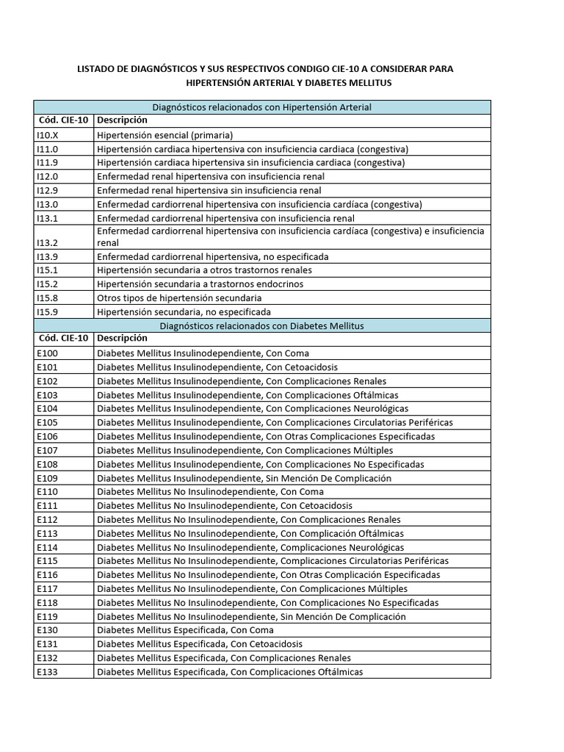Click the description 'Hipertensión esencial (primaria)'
[164, 135]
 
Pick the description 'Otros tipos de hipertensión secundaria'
[179, 298]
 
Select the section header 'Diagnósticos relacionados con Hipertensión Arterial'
[261, 107]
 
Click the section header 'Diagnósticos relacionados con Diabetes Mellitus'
[261, 325]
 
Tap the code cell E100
[47, 353]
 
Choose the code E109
[47, 478]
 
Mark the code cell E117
[47, 589]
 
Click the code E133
[47, 672]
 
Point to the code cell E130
[47, 630]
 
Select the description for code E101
[217, 367]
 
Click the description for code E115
[272, 561]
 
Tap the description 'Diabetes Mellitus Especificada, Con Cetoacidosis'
[200, 644]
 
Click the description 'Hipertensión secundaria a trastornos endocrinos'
[200, 284]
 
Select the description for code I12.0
[211, 177]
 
